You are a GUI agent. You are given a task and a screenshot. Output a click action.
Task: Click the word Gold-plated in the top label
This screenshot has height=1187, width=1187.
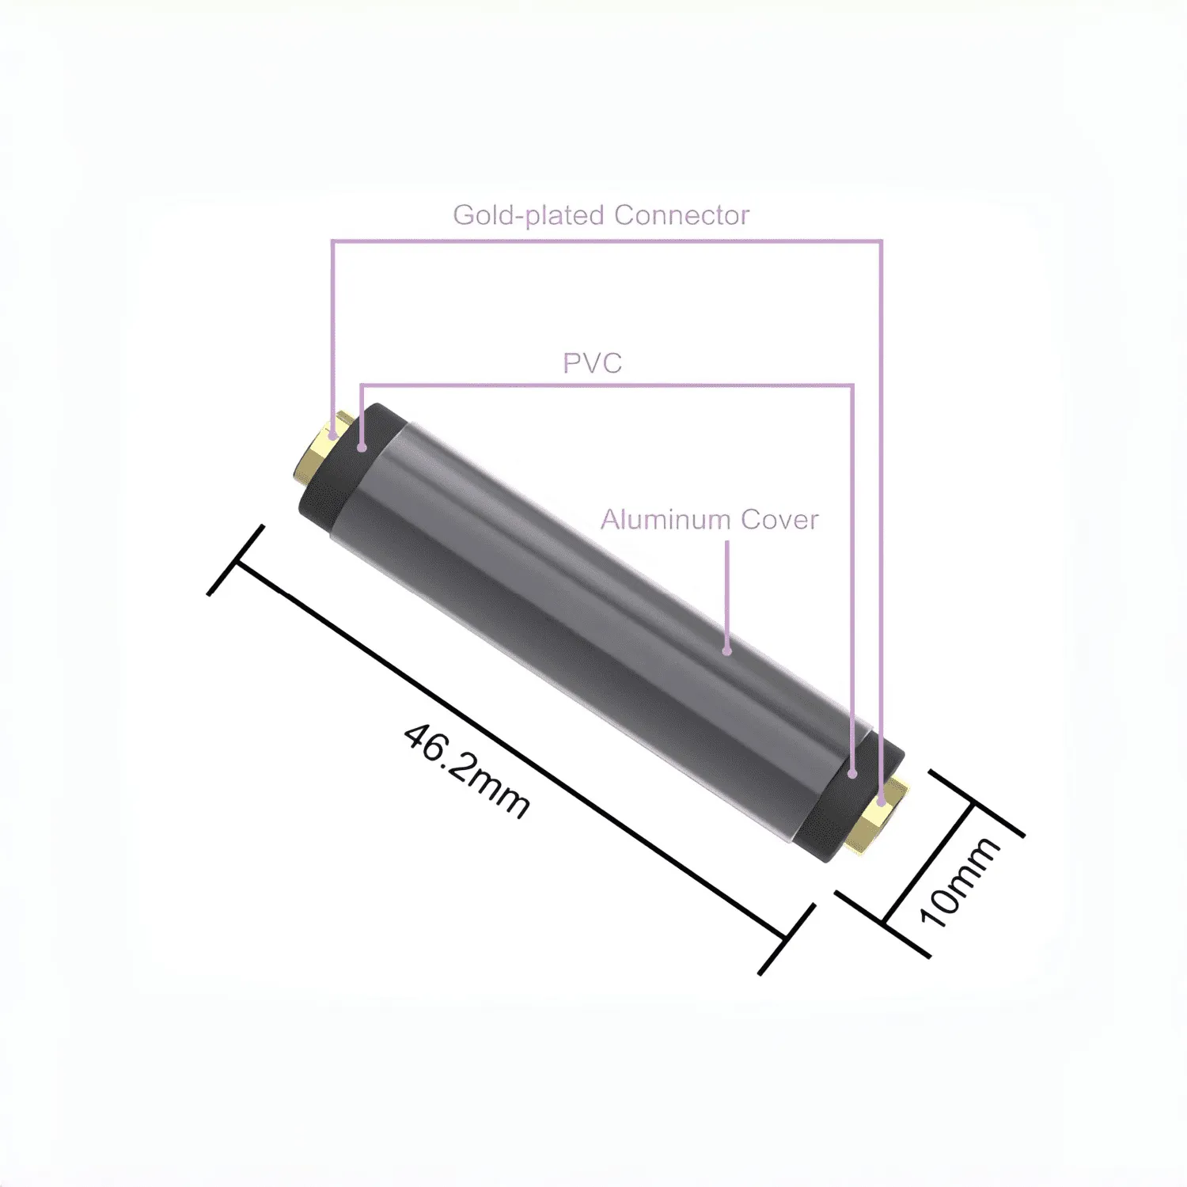(x=528, y=215)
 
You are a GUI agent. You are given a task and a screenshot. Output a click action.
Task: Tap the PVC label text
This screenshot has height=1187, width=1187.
(x=592, y=363)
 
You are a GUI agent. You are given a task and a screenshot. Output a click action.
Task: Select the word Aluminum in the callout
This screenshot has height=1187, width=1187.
(x=665, y=520)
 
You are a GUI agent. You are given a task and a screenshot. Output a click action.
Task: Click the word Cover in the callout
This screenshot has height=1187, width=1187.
(x=779, y=520)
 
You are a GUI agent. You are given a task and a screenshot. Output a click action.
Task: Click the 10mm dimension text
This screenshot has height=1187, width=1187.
(x=958, y=882)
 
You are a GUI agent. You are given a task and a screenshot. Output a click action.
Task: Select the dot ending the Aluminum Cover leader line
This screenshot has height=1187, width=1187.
(x=727, y=651)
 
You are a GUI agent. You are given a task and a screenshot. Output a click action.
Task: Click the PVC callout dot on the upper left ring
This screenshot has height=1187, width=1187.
(x=362, y=448)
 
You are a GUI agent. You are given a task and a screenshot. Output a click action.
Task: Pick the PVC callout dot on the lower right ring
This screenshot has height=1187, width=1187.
(x=852, y=774)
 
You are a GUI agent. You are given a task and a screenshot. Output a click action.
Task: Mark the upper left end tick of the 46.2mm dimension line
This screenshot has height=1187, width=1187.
(x=236, y=560)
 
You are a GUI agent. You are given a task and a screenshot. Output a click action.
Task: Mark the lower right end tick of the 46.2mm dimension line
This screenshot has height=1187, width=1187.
(x=786, y=939)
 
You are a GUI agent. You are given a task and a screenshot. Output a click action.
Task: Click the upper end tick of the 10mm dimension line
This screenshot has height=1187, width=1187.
(x=975, y=802)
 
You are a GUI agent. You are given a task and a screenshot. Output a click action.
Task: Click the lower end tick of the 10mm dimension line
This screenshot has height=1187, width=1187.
(x=883, y=923)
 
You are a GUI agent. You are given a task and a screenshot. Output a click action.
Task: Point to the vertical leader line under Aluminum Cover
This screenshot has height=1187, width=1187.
(x=727, y=593)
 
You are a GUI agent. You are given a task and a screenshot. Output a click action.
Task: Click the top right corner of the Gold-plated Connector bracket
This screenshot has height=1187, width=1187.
(x=881, y=241)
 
